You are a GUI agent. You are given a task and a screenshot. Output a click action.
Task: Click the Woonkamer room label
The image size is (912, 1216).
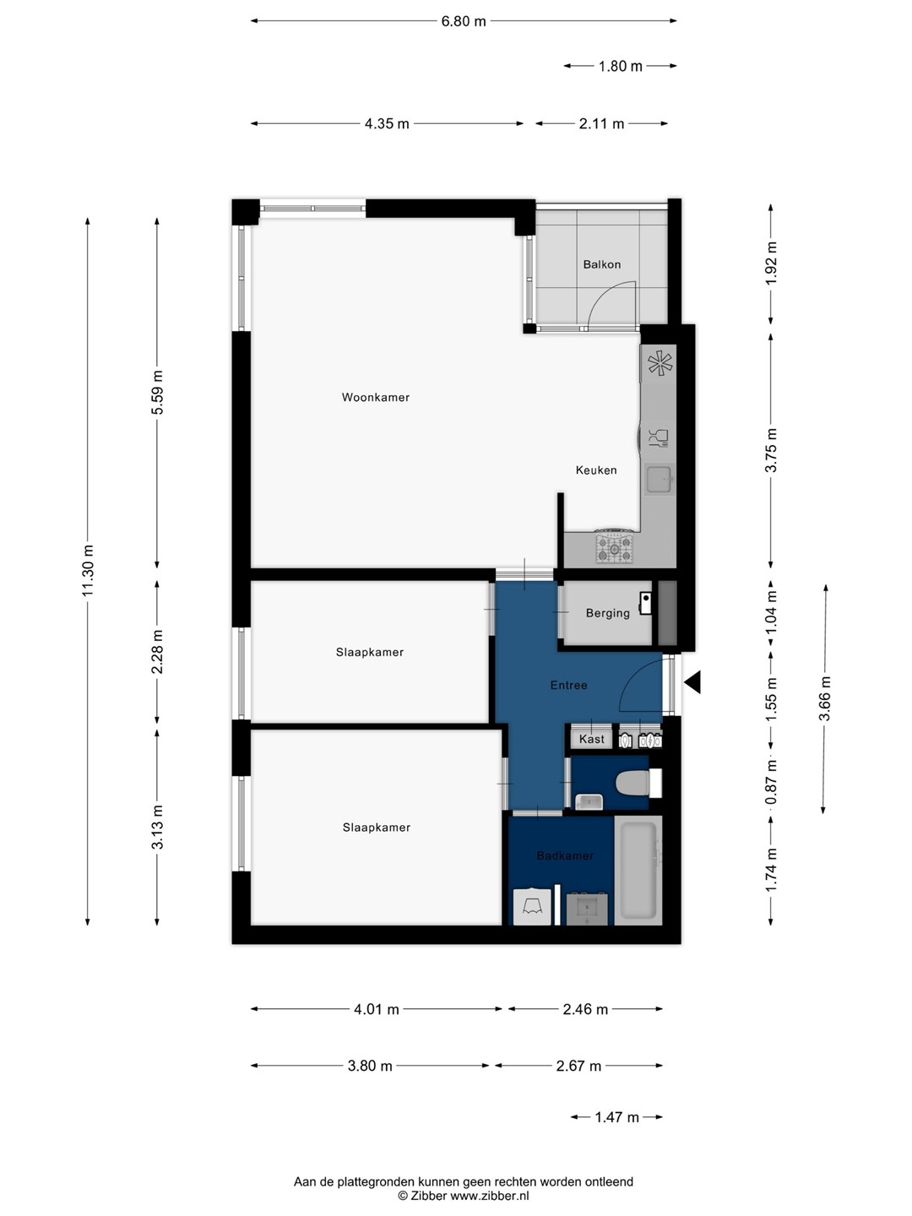(376, 397)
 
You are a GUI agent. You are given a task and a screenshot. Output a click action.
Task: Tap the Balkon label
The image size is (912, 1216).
(601, 264)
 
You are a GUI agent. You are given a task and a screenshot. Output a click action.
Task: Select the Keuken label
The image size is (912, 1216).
(596, 470)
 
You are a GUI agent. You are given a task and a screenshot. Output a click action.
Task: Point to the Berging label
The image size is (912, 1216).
(607, 613)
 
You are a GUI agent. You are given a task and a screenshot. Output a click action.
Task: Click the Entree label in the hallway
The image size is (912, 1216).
(568, 686)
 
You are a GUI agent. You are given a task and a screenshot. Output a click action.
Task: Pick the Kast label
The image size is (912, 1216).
(591, 739)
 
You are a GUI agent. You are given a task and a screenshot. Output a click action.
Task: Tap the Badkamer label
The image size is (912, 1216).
(565, 856)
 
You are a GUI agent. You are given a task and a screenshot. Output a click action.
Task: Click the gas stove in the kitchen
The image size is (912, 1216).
(614, 547)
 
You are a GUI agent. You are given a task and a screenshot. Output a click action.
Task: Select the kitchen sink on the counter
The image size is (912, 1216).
(660, 479)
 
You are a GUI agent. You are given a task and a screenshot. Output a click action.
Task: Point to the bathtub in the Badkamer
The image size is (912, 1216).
(638, 871)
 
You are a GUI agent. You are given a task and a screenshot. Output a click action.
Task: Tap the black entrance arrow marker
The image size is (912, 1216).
(692, 682)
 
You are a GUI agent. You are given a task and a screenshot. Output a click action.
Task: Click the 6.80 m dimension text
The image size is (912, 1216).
(464, 21)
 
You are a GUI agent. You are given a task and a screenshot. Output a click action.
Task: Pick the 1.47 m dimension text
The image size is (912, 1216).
(616, 1117)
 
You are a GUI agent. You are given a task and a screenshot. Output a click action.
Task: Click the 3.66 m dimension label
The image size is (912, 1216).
(825, 698)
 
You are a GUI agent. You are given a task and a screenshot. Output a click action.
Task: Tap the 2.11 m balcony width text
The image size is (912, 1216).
(601, 123)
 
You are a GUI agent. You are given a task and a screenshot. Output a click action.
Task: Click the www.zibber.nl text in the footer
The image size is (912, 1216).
(490, 1196)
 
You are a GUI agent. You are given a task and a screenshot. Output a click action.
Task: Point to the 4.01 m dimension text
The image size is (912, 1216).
(377, 1009)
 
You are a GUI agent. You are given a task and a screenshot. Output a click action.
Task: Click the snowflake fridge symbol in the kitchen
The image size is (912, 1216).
(660, 364)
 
